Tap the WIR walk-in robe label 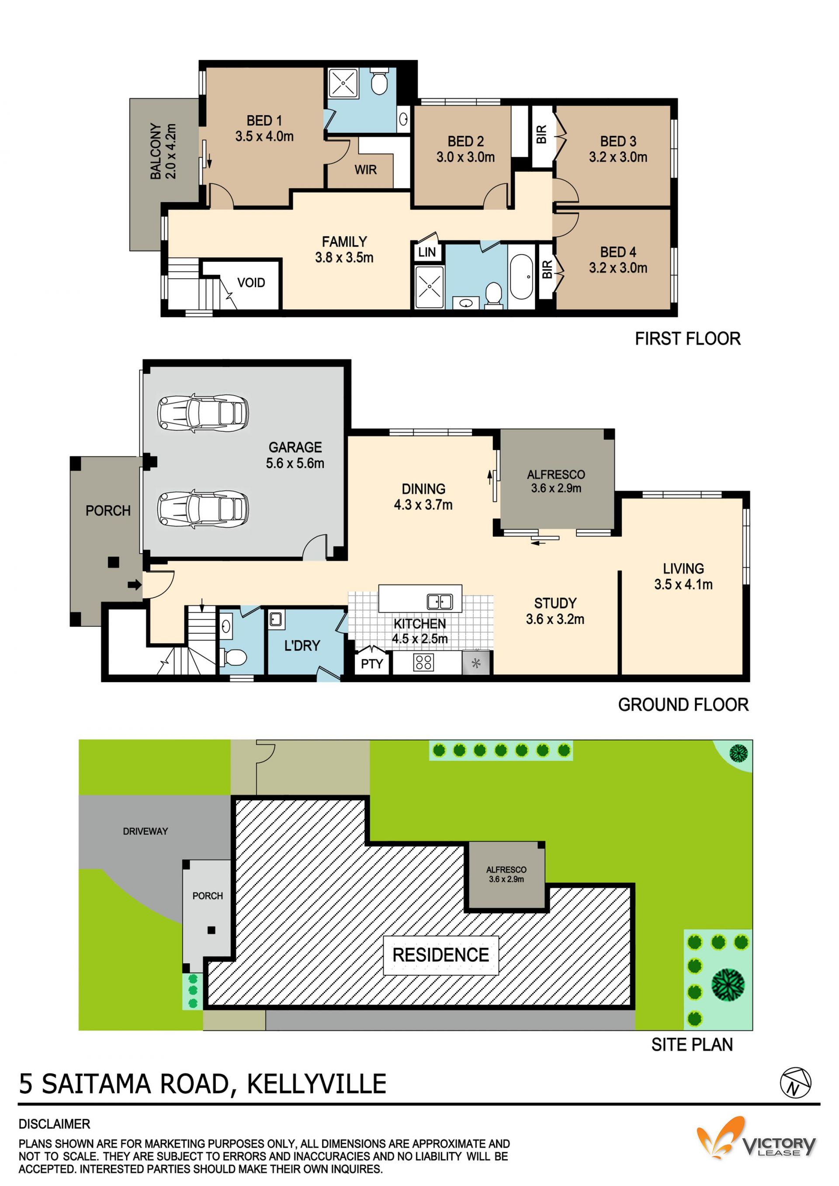tap(365, 169)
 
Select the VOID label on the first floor tap(251, 283)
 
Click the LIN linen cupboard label tap(427, 252)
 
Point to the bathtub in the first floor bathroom tap(521, 277)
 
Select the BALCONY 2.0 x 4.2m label tap(163, 151)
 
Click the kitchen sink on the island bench tap(440, 602)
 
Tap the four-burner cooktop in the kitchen tap(423, 662)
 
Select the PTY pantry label tap(372, 664)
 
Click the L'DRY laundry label tap(302, 645)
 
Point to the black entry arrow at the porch tap(134, 585)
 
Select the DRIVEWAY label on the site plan tap(145, 831)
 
